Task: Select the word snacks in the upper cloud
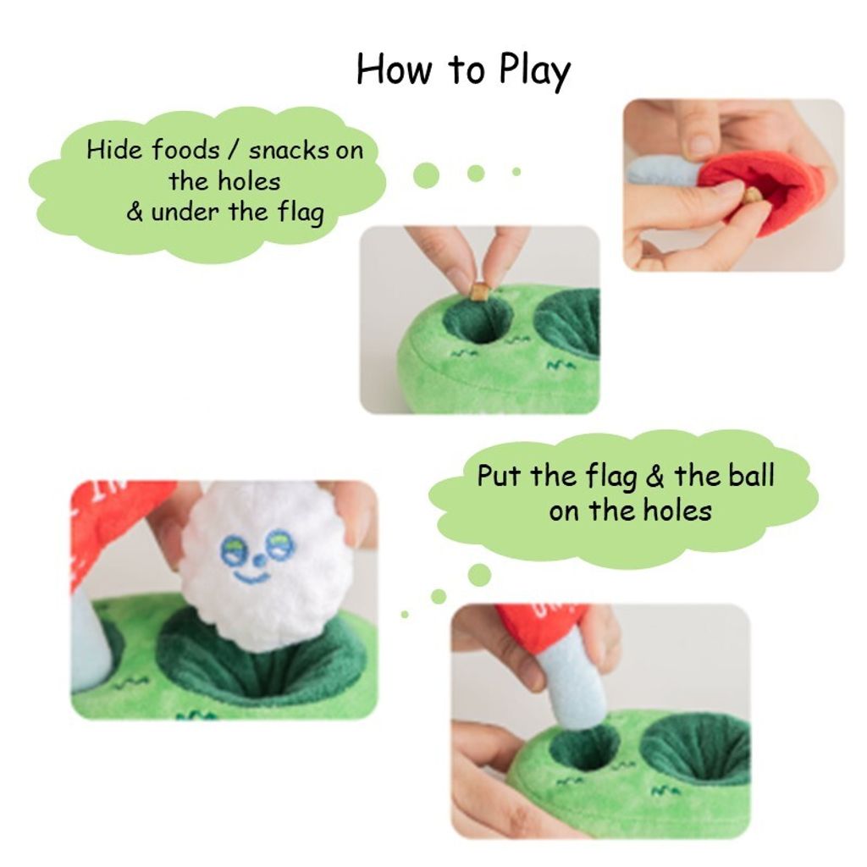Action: [x=289, y=151]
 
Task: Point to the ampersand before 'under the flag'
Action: [x=135, y=212]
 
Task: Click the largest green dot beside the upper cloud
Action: [x=426, y=175]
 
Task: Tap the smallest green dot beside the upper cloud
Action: [x=516, y=172]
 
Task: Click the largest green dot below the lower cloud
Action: [x=479, y=575]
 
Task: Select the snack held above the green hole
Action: [x=480, y=292]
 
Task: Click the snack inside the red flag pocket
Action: [x=751, y=196]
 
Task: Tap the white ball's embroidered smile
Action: [x=251, y=577]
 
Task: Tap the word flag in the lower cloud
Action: [x=610, y=477]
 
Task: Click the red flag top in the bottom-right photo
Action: [x=542, y=626]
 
